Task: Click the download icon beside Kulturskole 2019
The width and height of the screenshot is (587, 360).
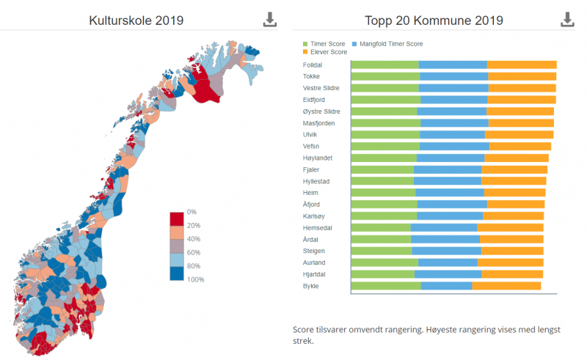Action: pos(270,20)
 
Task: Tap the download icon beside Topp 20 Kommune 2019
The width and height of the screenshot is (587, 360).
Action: pos(567,20)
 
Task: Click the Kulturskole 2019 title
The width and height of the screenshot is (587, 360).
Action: pos(136,21)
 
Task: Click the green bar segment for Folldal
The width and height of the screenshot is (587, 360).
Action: pos(384,65)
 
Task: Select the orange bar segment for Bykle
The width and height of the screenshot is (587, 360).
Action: pos(506,285)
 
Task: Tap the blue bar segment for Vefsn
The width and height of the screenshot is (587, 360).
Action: pos(454,146)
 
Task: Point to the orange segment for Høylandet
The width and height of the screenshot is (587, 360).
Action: pos(517,158)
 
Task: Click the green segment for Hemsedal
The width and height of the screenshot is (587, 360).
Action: pos(381,227)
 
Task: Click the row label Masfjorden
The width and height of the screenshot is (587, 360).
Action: pos(318,123)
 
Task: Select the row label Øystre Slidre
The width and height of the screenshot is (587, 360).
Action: pos(321,111)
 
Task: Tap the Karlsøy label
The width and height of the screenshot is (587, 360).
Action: pos(313,216)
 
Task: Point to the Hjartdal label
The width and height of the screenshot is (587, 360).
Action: pos(314,274)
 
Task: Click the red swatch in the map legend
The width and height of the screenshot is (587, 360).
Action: pos(177,218)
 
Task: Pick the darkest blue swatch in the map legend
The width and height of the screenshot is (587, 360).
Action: pos(177,273)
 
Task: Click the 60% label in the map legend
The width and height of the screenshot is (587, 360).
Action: pos(194,252)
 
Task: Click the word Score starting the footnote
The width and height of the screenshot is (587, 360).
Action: pos(303,331)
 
